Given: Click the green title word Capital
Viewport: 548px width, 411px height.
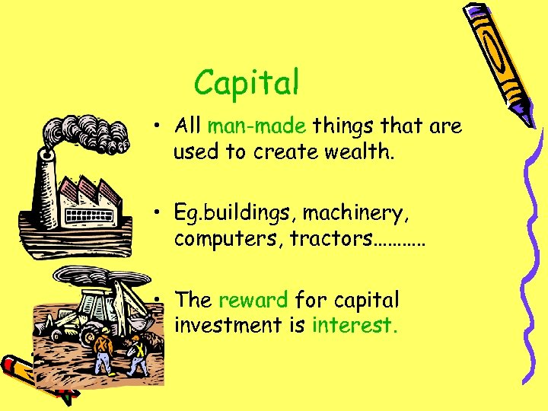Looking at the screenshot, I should click(x=246, y=83).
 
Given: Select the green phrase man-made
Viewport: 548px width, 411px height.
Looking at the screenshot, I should click(x=256, y=126).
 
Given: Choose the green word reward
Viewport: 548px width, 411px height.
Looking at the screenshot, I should click(x=253, y=300).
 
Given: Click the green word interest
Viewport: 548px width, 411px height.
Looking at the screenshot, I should click(x=355, y=325).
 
